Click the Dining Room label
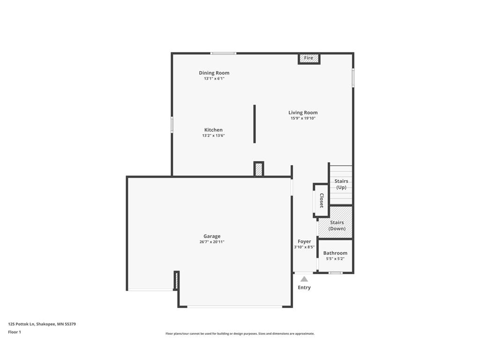click(214, 73)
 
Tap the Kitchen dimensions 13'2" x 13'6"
click(213, 135)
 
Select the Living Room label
click(303, 112)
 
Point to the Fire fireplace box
click(309, 58)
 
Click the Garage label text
click(212, 236)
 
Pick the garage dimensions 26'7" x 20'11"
click(212, 242)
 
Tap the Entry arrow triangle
click(304, 279)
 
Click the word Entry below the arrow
click(304, 287)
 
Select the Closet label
click(322, 201)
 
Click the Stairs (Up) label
click(341, 184)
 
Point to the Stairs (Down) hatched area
click(335, 222)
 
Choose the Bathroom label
click(335, 253)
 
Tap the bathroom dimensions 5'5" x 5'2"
click(335, 259)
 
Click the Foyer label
click(304, 241)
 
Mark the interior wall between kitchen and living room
click(255, 124)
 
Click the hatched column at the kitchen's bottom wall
click(259, 169)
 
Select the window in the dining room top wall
click(223, 53)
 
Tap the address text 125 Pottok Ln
click(21, 324)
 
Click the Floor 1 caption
click(15, 332)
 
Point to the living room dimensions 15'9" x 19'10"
click(303, 118)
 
